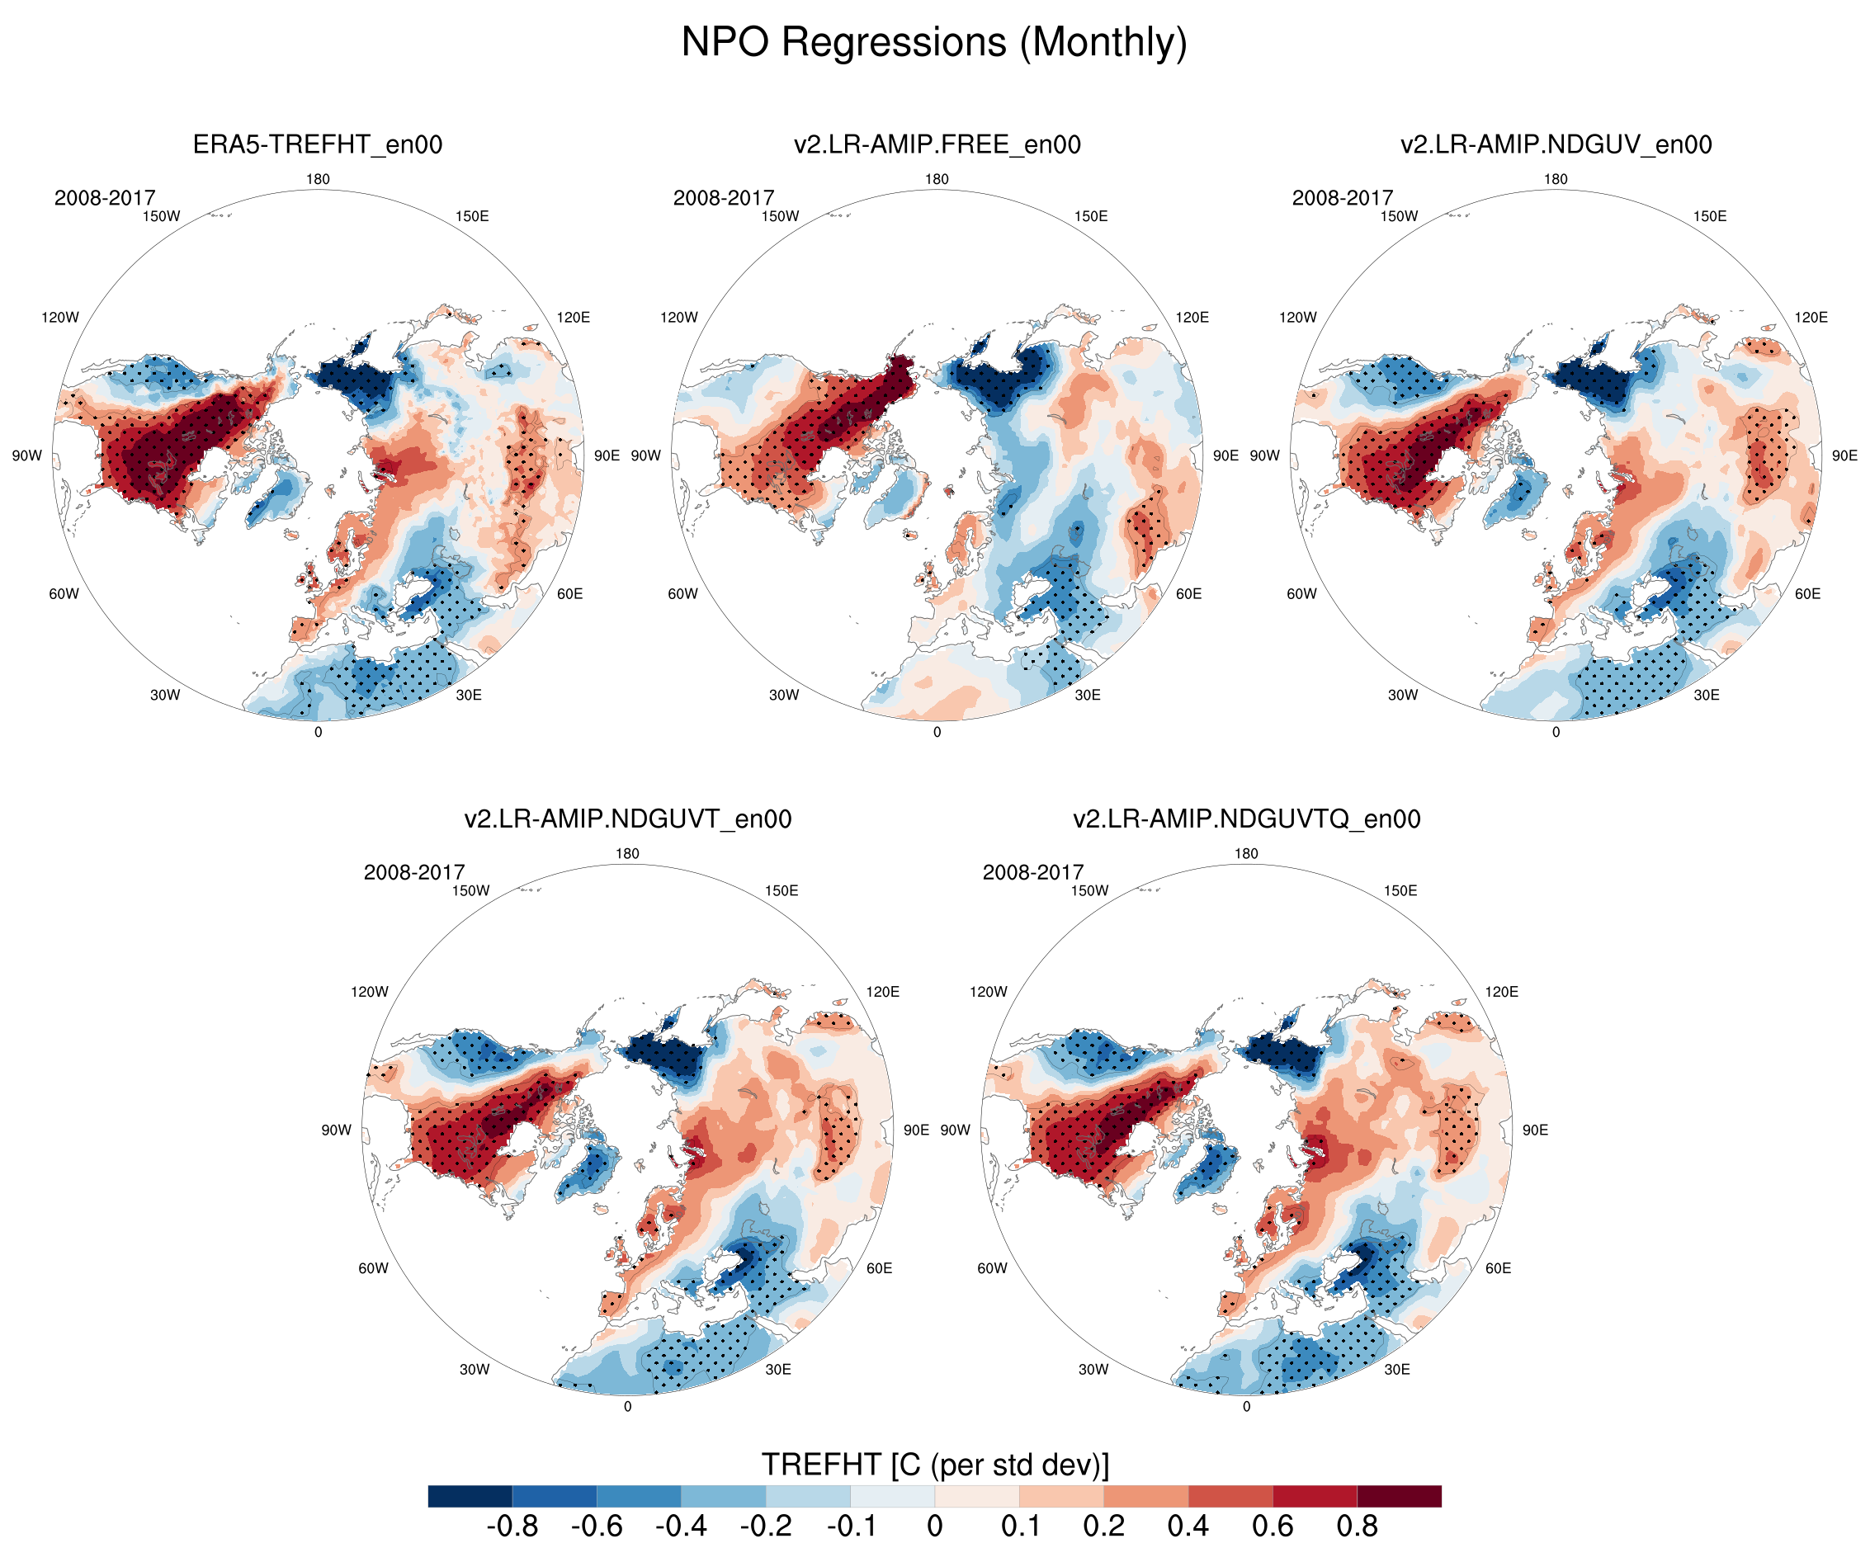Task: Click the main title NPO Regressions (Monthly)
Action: (x=934, y=42)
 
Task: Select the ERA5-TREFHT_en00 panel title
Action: (x=318, y=144)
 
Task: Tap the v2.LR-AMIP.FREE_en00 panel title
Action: (x=937, y=144)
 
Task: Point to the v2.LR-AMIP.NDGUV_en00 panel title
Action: (x=1556, y=144)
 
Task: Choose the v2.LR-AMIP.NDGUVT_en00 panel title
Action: (x=628, y=819)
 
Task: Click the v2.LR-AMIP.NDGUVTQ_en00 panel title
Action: (x=1246, y=819)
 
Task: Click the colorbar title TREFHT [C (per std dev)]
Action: (x=935, y=1464)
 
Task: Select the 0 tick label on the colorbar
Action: (x=934, y=1526)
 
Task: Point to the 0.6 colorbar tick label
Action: (x=1273, y=1526)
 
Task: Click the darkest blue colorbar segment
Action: (x=470, y=1496)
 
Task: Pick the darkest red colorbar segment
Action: (x=1399, y=1496)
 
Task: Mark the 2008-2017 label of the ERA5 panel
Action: (x=105, y=198)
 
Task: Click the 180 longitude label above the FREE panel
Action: (x=937, y=179)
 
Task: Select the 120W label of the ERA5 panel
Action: (x=59, y=317)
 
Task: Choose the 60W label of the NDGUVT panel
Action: (x=373, y=1268)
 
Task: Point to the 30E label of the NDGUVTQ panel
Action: (x=1397, y=1369)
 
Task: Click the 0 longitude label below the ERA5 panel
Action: (x=318, y=732)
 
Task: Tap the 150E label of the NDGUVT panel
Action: (x=781, y=890)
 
